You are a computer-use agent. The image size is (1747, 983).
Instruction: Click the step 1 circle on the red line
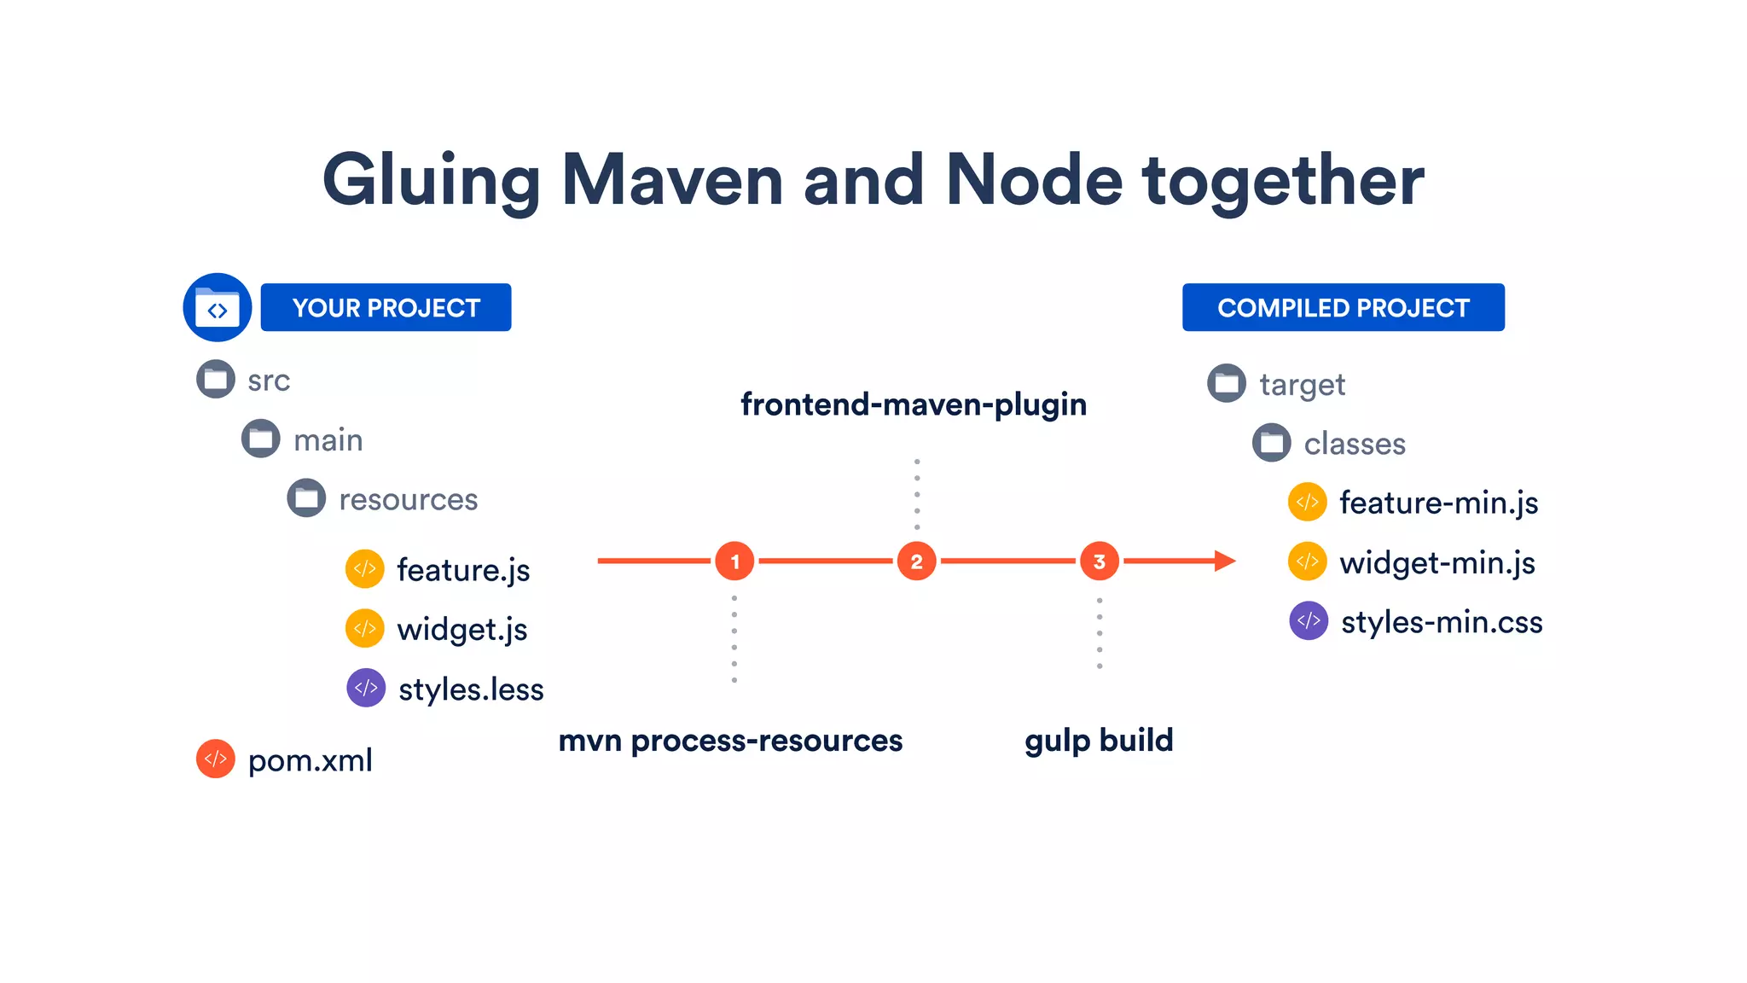coord(734,561)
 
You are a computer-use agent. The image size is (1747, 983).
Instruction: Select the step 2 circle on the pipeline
coord(916,561)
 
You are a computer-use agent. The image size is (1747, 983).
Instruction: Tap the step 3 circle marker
coord(1099,561)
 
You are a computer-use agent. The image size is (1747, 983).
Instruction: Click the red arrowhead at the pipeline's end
coord(1225,561)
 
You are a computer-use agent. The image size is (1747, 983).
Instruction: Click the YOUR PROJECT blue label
coord(386,307)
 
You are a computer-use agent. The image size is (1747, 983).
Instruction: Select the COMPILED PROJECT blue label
coord(1343,307)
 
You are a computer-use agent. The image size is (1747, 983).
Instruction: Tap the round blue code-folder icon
coord(218,307)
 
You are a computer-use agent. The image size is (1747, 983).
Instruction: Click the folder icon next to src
coord(216,379)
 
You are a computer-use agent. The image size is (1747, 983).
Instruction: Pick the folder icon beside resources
coord(306,498)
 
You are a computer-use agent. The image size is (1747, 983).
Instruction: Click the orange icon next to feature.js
coord(365,568)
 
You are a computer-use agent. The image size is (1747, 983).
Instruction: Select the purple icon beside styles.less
coord(366,688)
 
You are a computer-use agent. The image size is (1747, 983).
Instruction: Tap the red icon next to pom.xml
coord(216,759)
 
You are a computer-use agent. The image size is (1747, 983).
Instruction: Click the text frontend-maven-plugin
coord(914,404)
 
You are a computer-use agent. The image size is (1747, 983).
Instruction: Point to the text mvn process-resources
coord(730,741)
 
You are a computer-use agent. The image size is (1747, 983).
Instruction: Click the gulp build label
coord(1099,741)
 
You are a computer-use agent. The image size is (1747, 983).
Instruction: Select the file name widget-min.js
coord(1437,563)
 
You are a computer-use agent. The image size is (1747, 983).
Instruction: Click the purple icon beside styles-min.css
coord(1309,620)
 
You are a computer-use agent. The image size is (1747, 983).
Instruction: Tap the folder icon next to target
coord(1227,383)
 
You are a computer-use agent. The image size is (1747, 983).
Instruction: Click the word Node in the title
coord(1034,180)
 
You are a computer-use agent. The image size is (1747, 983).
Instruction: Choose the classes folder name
coord(1355,444)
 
